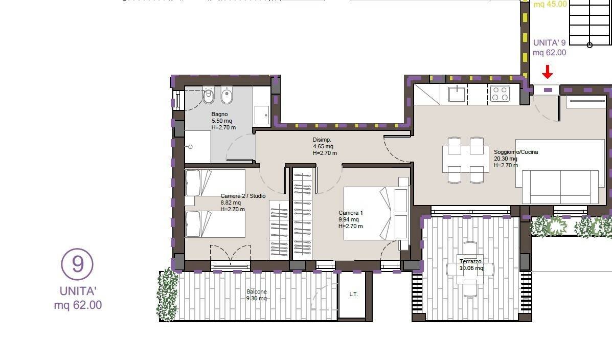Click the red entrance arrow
click(x=548, y=72)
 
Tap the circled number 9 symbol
click(x=77, y=264)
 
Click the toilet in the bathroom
click(x=209, y=96)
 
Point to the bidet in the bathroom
click(x=226, y=96)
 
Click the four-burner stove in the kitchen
click(x=500, y=94)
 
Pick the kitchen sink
click(x=457, y=94)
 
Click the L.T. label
click(x=354, y=294)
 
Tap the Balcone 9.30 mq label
click(x=257, y=295)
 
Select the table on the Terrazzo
click(x=470, y=268)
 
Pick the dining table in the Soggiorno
click(x=466, y=159)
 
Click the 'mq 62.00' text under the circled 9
click(x=78, y=305)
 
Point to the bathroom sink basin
click(x=261, y=115)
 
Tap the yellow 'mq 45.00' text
click(x=550, y=4)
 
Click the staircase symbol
click(x=590, y=22)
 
